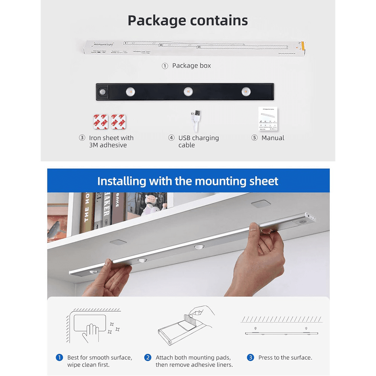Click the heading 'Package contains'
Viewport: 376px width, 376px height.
[x=188, y=20]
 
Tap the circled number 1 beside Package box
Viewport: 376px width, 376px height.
[x=165, y=66]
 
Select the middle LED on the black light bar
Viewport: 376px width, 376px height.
[x=188, y=91]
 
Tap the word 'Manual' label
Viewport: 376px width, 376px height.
[x=273, y=138]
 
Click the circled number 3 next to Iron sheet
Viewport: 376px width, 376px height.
[x=82, y=138]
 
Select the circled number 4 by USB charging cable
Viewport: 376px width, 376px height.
[x=171, y=138]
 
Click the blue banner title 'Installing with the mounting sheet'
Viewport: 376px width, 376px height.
[x=188, y=181]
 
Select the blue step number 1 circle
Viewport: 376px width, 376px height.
[x=59, y=358]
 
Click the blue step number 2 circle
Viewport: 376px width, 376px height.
[x=148, y=358]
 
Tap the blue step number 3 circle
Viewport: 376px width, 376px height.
[x=250, y=358]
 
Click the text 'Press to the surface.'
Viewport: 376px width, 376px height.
[x=285, y=358]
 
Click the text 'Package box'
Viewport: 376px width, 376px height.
[x=191, y=66]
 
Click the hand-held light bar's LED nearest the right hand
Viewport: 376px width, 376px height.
[x=199, y=247]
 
